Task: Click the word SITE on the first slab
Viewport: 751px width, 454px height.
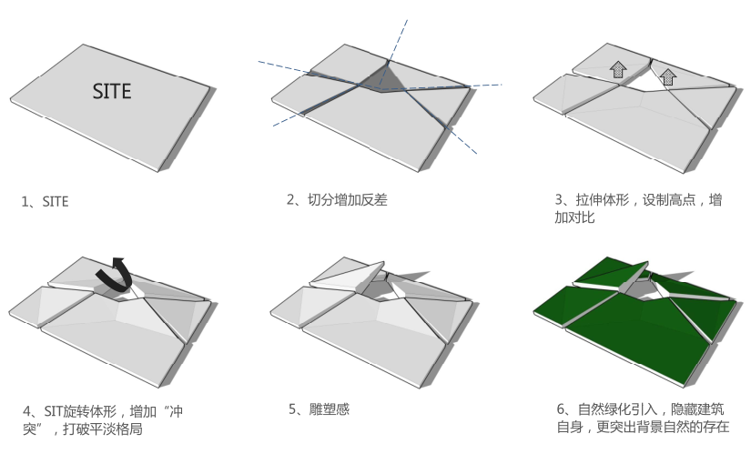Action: coord(112,91)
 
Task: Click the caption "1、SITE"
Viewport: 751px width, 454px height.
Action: coord(45,202)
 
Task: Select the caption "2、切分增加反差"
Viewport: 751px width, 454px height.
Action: coord(336,199)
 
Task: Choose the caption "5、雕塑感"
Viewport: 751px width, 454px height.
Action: coord(319,409)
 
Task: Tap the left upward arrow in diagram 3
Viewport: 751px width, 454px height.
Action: coord(618,69)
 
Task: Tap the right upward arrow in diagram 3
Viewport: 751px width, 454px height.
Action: coord(667,76)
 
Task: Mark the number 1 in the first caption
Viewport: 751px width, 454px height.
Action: coord(25,202)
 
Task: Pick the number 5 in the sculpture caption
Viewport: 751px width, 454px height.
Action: coord(293,409)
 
